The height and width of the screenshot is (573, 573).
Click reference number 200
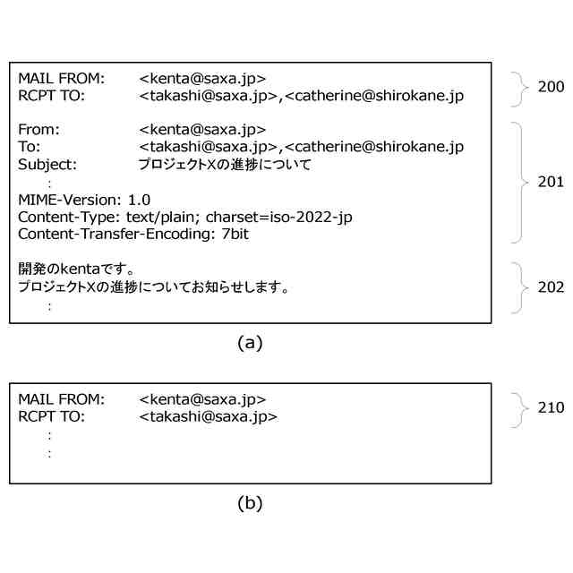[x=551, y=87]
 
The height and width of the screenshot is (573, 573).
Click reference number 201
[x=551, y=182]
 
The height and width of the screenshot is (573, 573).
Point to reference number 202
[x=551, y=287]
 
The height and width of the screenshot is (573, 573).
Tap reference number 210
[x=551, y=407]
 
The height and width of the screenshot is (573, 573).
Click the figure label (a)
[x=250, y=342]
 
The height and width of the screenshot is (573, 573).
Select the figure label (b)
[x=250, y=503]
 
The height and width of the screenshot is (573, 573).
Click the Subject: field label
[x=47, y=165]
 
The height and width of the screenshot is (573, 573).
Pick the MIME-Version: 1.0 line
[x=84, y=199]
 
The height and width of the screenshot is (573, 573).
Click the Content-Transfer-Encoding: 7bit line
[x=133, y=234]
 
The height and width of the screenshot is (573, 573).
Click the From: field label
[x=38, y=130]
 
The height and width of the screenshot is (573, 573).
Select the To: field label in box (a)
[x=30, y=147]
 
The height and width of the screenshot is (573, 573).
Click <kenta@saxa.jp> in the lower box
[x=202, y=399]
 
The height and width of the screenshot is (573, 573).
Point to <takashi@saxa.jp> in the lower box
[x=209, y=417]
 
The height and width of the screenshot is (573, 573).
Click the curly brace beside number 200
[x=520, y=87]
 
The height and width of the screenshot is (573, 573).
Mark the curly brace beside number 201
[x=520, y=182]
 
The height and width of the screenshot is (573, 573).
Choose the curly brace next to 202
[x=520, y=287]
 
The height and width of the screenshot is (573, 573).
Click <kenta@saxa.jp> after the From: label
[x=202, y=130]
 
